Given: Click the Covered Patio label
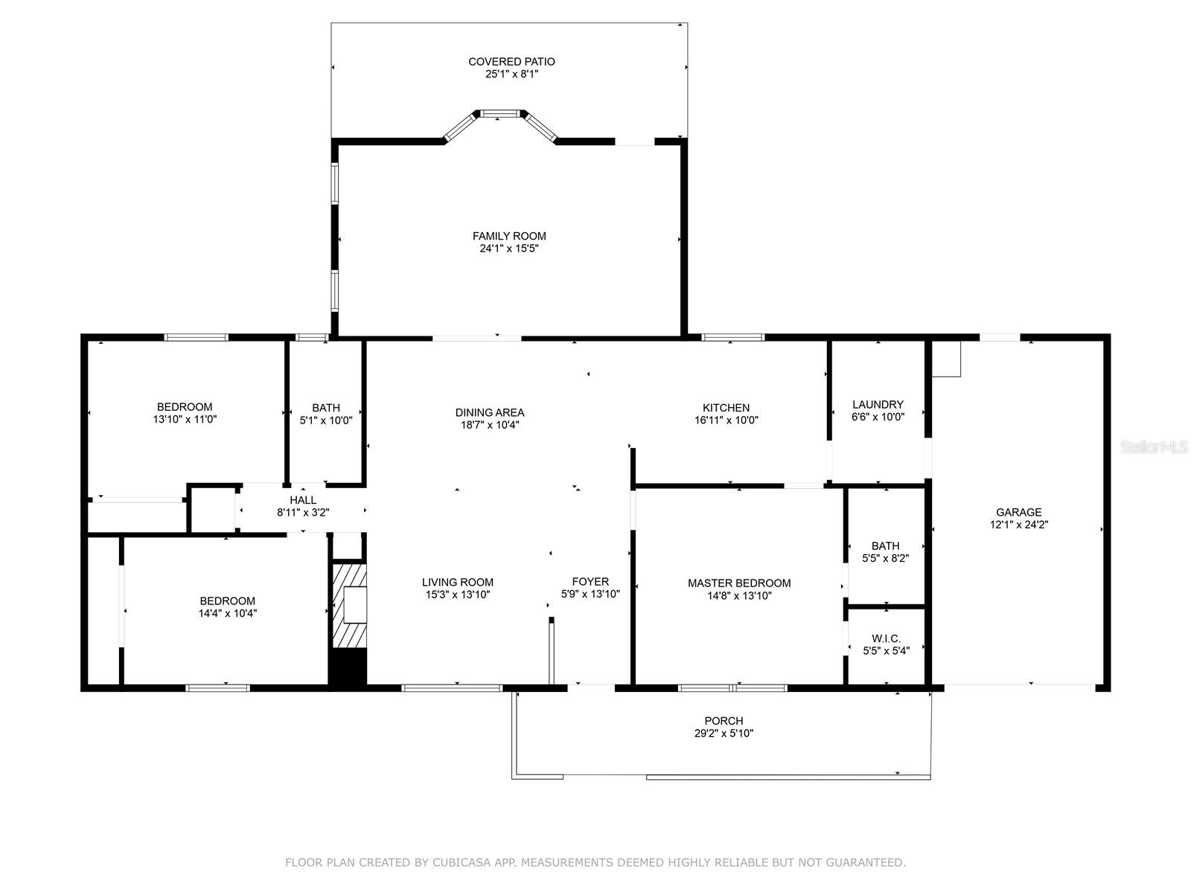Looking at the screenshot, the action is (x=511, y=62).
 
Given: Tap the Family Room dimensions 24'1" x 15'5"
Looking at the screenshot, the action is (x=509, y=249).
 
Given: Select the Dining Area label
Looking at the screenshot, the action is (x=489, y=412).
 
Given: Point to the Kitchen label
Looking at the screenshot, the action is (x=726, y=408).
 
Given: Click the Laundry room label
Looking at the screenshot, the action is (x=878, y=405).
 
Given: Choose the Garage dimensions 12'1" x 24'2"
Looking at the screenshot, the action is (x=1018, y=525).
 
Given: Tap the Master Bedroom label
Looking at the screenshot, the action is (x=739, y=583).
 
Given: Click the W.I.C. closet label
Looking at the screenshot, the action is (x=886, y=638).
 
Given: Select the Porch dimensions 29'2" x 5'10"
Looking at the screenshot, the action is (x=724, y=733).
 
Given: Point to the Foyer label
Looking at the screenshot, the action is (x=590, y=581).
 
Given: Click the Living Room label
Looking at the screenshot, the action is (x=457, y=582).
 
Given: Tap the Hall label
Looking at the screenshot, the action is (x=303, y=500).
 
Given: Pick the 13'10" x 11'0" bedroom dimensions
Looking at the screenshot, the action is (x=185, y=419).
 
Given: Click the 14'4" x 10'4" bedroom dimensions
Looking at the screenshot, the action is (x=227, y=613).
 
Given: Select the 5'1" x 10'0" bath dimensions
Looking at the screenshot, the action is (x=325, y=420).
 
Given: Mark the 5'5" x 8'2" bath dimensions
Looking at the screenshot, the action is (x=886, y=558).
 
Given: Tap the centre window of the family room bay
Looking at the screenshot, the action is (x=497, y=114).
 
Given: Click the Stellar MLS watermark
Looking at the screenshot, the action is (x=1154, y=447).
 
